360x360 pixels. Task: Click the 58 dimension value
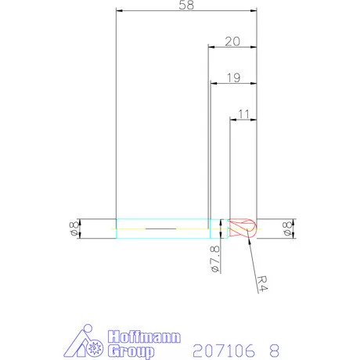(186, 5)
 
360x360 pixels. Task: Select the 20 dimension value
(232, 41)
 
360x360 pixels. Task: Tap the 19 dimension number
(234, 77)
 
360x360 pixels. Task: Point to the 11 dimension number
(244, 114)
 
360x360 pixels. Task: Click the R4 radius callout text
(262, 283)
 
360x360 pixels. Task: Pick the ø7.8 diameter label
(215, 259)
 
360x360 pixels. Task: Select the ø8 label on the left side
(74, 229)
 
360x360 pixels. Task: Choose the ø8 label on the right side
(287, 229)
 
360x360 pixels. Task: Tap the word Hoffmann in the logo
(144, 337)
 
